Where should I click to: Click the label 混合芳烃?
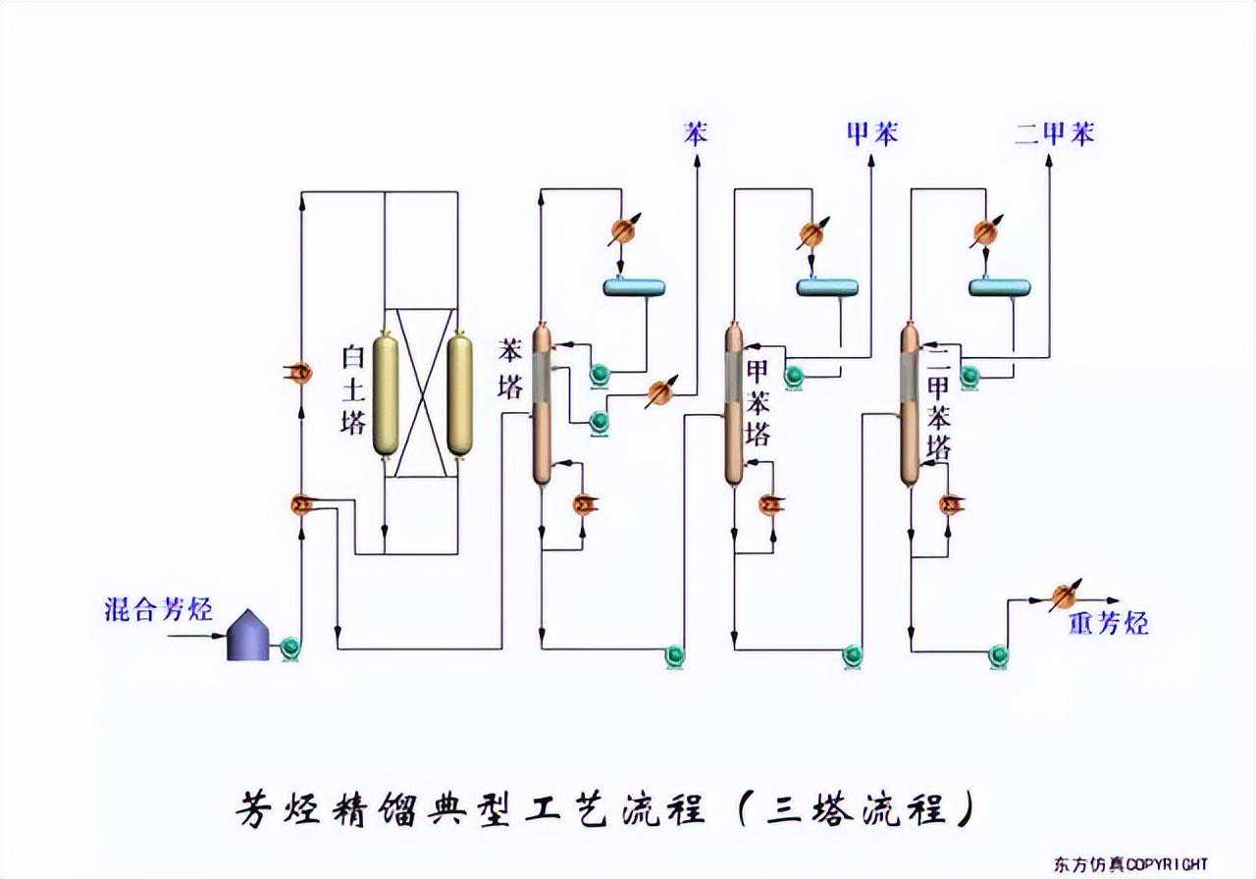pyautogui.click(x=158, y=610)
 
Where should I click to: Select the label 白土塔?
pyautogui.click(x=353, y=389)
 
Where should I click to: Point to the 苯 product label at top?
pyautogui.click(x=696, y=134)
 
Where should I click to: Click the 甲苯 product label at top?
pyautogui.click(x=871, y=134)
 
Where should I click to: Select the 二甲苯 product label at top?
pyautogui.click(x=1055, y=134)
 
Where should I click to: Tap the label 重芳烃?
pyautogui.click(x=1109, y=624)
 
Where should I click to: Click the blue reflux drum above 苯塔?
pyautogui.click(x=633, y=286)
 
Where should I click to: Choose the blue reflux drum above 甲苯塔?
pyautogui.click(x=826, y=286)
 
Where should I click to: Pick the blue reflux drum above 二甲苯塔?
pyautogui.click(x=999, y=286)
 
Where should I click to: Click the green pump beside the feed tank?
pyautogui.click(x=290, y=647)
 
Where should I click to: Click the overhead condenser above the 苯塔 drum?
pyautogui.click(x=621, y=231)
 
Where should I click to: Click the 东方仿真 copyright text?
pyautogui.click(x=1131, y=864)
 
